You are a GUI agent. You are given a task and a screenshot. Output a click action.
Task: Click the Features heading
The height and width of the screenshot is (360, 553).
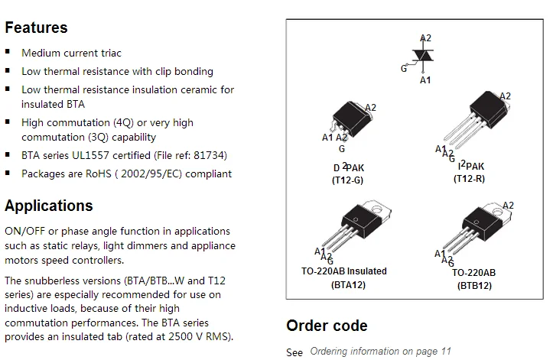point(36,28)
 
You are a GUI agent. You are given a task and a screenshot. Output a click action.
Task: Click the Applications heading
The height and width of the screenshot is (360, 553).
point(49,206)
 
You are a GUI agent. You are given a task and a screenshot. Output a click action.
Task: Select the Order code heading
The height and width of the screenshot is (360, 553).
point(327,326)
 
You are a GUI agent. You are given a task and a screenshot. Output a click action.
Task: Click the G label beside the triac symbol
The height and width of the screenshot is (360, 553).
point(404,68)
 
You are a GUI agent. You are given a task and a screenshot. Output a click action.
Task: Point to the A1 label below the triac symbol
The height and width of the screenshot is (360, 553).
point(426,79)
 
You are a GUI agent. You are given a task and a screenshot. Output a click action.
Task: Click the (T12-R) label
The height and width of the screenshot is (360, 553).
point(469,179)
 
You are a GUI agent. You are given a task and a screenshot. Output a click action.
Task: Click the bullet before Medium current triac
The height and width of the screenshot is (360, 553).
point(8,53)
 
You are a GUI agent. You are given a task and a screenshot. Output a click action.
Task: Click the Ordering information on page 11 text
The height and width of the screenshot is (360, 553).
point(380,352)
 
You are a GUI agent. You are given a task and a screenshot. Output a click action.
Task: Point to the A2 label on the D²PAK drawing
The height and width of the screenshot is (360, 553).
point(371,108)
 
